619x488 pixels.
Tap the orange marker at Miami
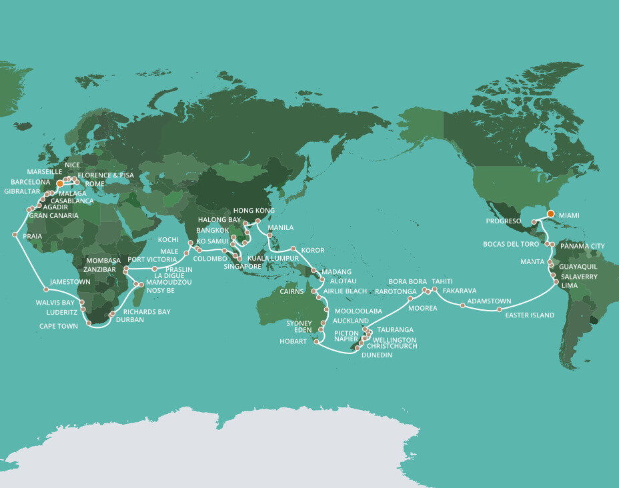pyautogui.click(x=551, y=213)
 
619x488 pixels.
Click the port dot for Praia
pyautogui.click(x=15, y=234)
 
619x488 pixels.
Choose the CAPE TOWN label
pyautogui.click(x=57, y=326)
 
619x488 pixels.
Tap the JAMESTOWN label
pyautogui.click(x=70, y=282)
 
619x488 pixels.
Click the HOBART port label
pyautogui.click(x=293, y=342)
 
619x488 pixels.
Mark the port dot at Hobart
pyautogui.click(x=316, y=342)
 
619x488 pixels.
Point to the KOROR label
pyautogui.click(x=313, y=251)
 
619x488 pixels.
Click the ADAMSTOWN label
pyautogui.click(x=489, y=302)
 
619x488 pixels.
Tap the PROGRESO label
pyautogui.click(x=503, y=219)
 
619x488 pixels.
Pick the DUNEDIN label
pyautogui.click(x=376, y=355)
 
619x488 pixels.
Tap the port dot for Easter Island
pyautogui.click(x=500, y=309)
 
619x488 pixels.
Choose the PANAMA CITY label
pyautogui.click(x=582, y=246)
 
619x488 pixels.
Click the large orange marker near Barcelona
pyautogui.click(x=59, y=183)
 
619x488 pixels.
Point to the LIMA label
pyautogui.click(x=569, y=285)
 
